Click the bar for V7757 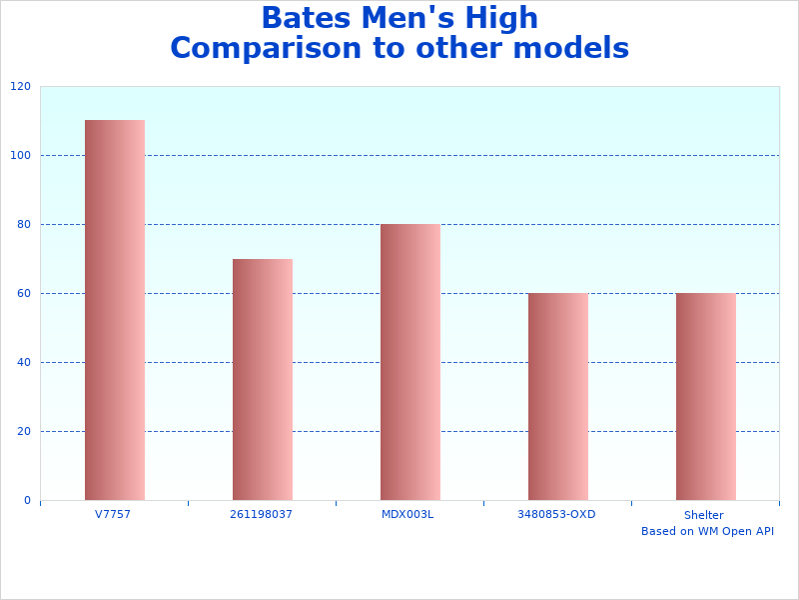click(x=115, y=310)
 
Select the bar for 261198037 click(x=263, y=380)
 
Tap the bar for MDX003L click(x=410, y=362)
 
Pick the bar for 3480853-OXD click(x=558, y=397)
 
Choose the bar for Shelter click(x=706, y=397)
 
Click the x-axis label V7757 click(x=113, y=514)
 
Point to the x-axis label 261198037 click(x=262, y=514)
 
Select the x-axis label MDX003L click(x=408, y=514)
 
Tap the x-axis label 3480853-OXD click(x=556, y=514)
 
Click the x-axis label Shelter click(x=704, y=515)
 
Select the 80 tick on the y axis click(x=23, y=225)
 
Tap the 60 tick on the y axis click(x=23, y=294)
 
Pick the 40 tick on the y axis click(x=23, y=363)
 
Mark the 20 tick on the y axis click(x=23, y=432)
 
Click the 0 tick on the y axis click(x=27, y=501)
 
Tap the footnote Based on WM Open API click(x=707, y=531)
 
